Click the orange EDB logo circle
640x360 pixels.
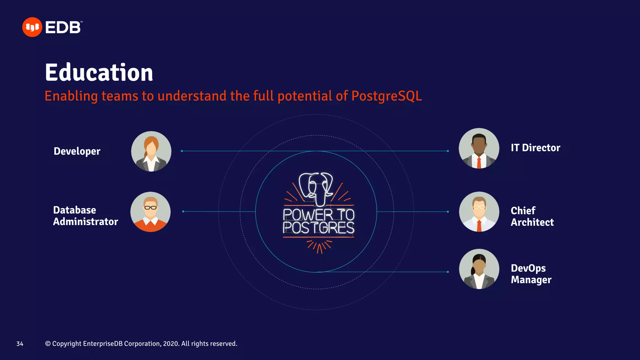tap(32, 27)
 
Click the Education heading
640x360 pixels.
tap(99, 72)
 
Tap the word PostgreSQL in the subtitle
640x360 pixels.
tap(387, 96)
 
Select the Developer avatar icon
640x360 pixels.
tap(151, 151)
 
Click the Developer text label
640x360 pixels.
tap(77, 151)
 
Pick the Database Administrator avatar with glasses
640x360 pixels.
tap(151, 212)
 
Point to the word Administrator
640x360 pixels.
tap(86, 222)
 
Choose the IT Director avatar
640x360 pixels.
tap(479, 148)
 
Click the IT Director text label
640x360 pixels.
tap(535, 148)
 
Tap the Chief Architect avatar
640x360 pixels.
tap(479, 212)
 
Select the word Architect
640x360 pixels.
tap(532, 222)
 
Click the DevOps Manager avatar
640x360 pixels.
tap(479, 269)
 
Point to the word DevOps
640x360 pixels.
tap(528, 268)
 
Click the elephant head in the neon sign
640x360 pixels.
tap(316, 188)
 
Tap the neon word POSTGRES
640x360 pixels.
tap(318, 228)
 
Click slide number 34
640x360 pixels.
tap(20, 344)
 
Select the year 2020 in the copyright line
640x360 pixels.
tap(171, 344)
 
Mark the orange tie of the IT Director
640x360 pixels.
tap(479, 162)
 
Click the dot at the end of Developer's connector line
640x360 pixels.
tap(182, 151)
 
